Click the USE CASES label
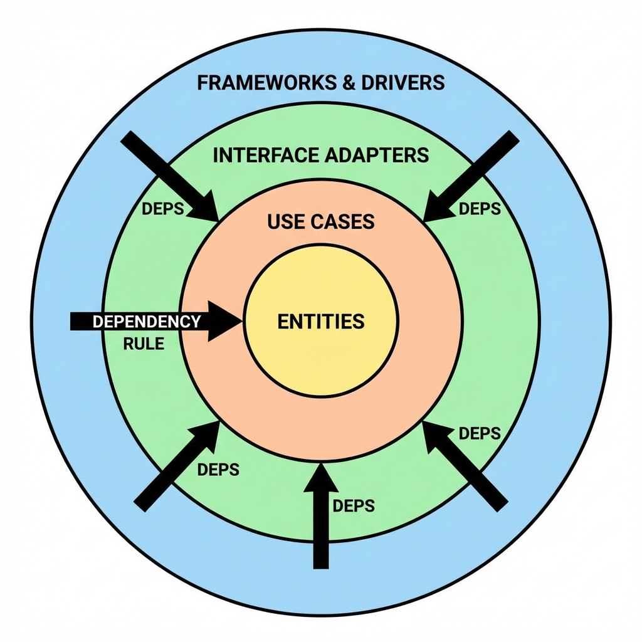[x=320, y=221]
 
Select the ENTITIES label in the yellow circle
[x=320, y=322]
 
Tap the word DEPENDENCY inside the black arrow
[x=147, y=322]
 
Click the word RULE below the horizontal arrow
[x=144, y=344]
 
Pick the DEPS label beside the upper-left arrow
[x=163, y=209]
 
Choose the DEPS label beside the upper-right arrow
[x=480, y=209]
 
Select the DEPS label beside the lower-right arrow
[x=480, y=433]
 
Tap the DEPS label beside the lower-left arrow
[x=218, y=469]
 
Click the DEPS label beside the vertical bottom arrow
[x=354, y=505]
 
